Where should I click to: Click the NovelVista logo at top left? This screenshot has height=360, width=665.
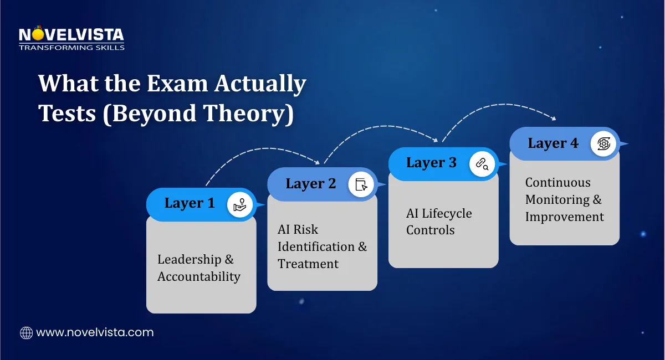[x=71, y=38]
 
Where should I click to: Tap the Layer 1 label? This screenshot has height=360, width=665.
[x=190, y=203]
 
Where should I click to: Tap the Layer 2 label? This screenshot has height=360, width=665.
[x=311, y=183]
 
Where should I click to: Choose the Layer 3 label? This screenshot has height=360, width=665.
[x=431, y=162]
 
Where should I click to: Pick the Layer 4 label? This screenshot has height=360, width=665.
[x=553, y=143]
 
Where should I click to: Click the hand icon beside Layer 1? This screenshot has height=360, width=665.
[x=240, y=205]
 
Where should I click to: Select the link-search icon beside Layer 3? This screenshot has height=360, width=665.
[x=482, y=164]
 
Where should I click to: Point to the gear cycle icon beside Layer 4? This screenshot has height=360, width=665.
[x=603, y=143]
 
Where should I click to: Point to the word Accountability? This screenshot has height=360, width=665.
[x=198, y=276]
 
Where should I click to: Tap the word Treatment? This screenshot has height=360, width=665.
[x=308, y=264]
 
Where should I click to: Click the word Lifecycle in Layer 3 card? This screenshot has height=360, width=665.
[x=447, y=213]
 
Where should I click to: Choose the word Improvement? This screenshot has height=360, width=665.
[x=565, y=217]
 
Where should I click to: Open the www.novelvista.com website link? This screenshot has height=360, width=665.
[x=95, y=332]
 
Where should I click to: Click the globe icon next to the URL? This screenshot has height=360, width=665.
[x=26, y=332]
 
